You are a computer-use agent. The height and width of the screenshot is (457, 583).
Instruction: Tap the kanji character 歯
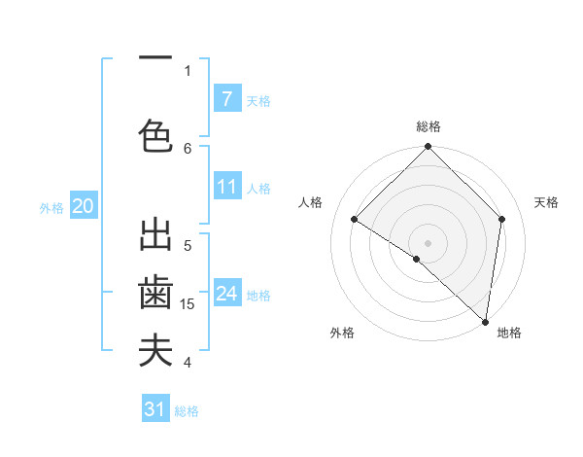coord(155,293)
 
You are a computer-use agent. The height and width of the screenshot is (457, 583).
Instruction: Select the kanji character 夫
coord(155,351)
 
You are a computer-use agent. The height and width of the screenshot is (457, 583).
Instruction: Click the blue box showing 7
coord(226,98)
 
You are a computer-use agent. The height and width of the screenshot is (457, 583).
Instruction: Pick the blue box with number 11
coord(226,187)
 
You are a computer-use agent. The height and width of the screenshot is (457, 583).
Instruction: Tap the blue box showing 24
coord(226,294)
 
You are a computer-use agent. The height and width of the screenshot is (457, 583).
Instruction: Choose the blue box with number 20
coord(83,205)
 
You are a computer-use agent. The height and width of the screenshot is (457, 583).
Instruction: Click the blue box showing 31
coord(155,409)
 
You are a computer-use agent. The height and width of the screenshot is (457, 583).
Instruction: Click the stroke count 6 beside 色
coord(188,148)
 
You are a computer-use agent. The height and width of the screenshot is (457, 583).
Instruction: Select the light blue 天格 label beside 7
coord(257,100)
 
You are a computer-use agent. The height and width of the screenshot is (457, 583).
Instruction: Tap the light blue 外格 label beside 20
coord(51,207)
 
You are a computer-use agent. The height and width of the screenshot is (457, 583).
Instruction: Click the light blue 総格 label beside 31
coord(187,411)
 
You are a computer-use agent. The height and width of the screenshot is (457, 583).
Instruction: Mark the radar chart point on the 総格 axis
coord(428,147)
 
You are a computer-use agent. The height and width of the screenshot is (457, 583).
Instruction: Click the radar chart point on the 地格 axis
coord(486,322)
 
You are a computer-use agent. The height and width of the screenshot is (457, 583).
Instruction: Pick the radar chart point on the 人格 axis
coord(354,220)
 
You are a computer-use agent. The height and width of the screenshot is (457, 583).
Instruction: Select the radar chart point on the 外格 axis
coord(417,259)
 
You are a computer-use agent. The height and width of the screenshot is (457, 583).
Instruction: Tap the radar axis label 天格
coord(546,202)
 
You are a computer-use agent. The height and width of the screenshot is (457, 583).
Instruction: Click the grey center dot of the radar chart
coord(428,242)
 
